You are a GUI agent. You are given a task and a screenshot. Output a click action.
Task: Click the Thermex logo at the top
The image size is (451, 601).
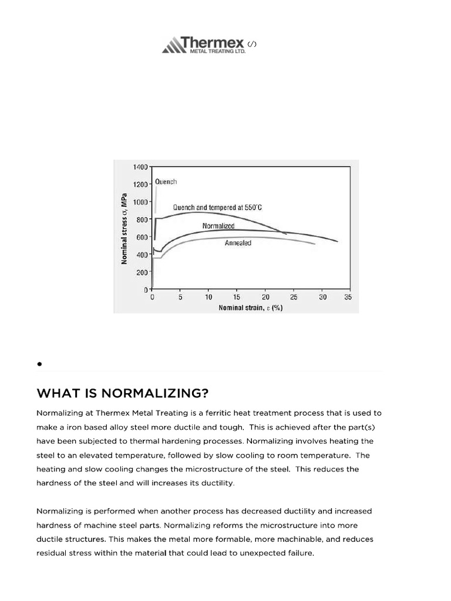point(203,45)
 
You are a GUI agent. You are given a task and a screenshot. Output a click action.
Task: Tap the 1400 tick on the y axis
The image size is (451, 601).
point(140,167)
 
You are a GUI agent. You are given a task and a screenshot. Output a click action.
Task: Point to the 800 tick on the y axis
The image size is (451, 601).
point(143,220)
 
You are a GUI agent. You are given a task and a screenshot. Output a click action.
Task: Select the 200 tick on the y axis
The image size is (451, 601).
point(143,272)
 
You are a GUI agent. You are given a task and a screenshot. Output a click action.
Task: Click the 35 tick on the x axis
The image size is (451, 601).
point(348,298)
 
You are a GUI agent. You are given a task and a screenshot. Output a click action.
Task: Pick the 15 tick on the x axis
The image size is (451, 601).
point(237,298)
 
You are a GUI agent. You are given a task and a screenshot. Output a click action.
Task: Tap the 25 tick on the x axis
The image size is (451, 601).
point(294,298)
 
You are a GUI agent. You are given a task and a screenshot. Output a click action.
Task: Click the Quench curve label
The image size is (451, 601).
point(166,182)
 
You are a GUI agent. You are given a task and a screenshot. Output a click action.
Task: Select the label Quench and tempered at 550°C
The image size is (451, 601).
point(217,207)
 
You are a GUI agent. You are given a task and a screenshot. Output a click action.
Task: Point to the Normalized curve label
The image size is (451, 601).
point(218,226)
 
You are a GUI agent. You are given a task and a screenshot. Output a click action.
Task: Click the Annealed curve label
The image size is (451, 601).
point(238,243)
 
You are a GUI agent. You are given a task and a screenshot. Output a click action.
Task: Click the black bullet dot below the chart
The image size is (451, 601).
point(39,364)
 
